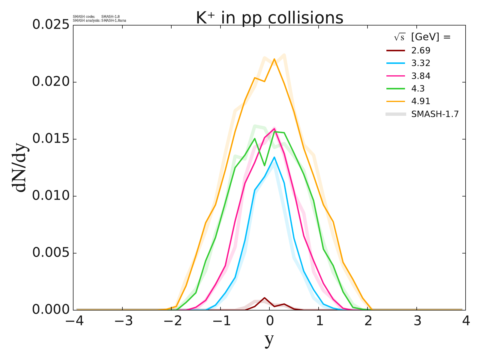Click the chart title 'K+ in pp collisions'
coord(269,18)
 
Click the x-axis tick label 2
coord(368,321)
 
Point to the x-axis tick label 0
coord(270,321)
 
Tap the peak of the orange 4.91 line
coord(274,59)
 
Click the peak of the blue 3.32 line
coord(274,157)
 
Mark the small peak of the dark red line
coord(264,298)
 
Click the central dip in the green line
coord(264,166)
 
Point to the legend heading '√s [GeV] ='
coord(422,37)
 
